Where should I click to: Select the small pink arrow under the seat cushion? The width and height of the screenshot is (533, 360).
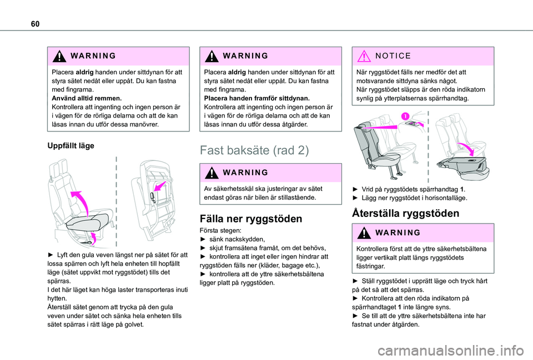(93, 238)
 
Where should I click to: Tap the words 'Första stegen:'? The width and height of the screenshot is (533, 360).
(218, 230)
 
